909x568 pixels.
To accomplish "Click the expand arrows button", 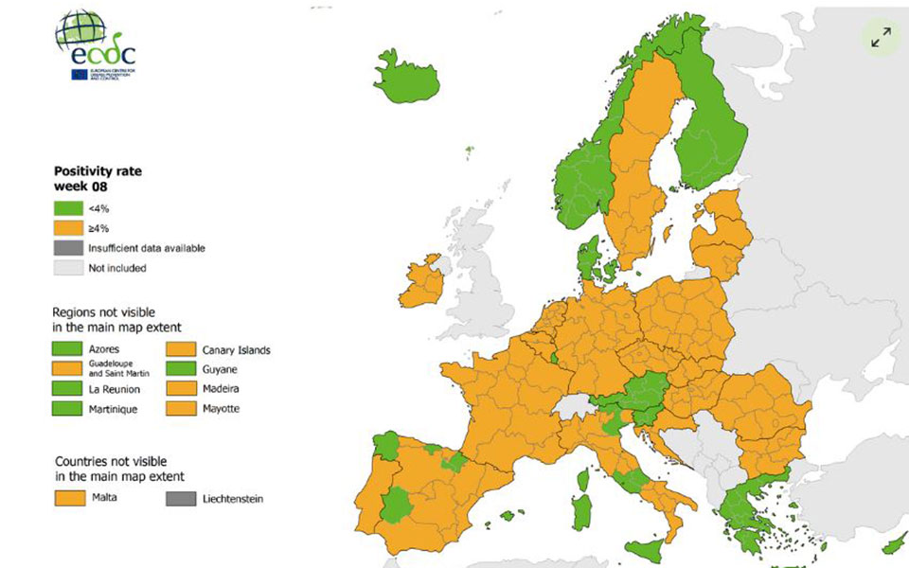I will [881, 38].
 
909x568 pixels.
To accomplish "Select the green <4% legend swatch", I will [68, 208].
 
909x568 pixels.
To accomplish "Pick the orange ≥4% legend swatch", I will [68, 228].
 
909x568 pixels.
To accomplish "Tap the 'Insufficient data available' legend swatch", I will [68, 248].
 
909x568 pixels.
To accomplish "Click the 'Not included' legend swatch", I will [68, 268].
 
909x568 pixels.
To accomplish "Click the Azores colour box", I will [68, 349].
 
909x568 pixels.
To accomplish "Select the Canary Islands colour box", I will [182, 349].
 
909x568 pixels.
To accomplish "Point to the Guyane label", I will [221, 369].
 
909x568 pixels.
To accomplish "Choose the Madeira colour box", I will [182, 389].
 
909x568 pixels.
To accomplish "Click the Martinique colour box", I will [68, 409].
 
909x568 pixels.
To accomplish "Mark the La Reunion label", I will [116, 389].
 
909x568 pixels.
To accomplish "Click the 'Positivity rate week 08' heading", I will [97, 179].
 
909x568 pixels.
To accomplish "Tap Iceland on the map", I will [407, 73].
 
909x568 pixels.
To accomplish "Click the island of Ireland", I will [421, 283].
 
